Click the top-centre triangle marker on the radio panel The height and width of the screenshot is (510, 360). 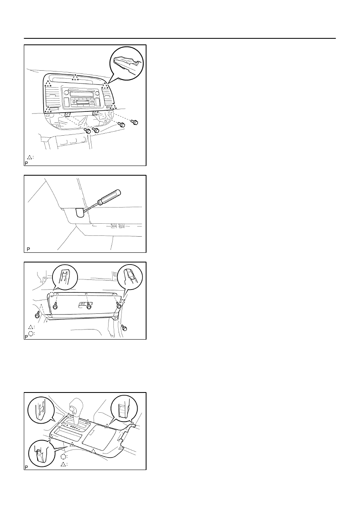point(75,78)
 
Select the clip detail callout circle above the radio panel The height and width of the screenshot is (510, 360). point(126,63)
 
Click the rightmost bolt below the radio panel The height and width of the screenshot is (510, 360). point(135,122)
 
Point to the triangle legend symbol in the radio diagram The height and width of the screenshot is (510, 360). point(29,157)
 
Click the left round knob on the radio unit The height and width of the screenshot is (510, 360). point(66,92)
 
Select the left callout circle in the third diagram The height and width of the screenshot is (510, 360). point(65,277)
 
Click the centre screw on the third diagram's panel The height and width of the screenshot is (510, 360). point(89,307)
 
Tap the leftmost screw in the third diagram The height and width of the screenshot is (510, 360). point(37,315)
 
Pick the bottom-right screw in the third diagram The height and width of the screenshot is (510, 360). point(124,328)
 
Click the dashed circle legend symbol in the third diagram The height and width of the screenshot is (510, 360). point(31,334)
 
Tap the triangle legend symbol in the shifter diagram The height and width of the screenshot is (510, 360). point(63,464)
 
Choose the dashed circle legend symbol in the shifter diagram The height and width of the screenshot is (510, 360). point(63,456)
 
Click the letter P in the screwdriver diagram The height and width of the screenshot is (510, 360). point(28,249)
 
